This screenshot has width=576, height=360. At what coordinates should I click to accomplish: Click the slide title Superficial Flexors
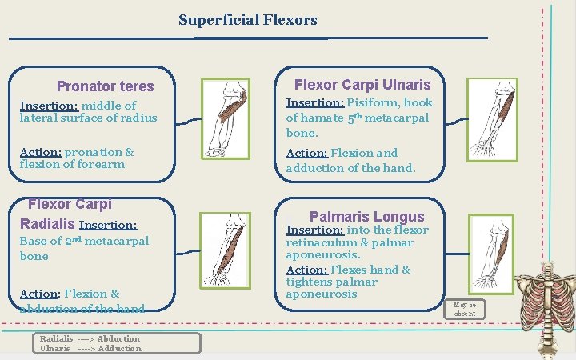click(247, 20)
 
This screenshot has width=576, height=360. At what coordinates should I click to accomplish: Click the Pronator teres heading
click(105, 86)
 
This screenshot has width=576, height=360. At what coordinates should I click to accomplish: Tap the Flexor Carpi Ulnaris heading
click(362, 84)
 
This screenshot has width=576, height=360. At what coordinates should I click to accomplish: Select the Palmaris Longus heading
click(366, 216)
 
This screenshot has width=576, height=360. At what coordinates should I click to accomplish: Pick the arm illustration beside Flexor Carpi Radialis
click(226, 249)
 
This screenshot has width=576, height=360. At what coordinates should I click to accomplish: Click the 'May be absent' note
click(464, 309)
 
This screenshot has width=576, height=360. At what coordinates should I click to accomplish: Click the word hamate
click(322, 118)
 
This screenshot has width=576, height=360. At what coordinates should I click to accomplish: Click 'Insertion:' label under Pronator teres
click(49, 106)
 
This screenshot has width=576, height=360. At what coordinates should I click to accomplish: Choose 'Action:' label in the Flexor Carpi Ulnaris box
click(306, 153)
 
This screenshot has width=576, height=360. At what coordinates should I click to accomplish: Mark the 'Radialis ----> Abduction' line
click(90, 338)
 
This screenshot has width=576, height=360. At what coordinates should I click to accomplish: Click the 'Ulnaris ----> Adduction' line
click(90, 348)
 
